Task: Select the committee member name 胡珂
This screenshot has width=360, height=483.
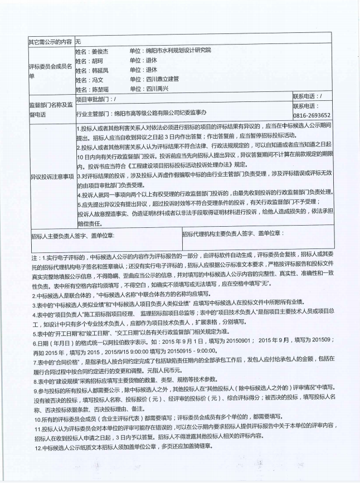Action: [x=97, y=60]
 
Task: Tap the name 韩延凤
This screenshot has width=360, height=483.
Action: [x=100, y=70]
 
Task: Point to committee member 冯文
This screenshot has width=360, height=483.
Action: [x=97, y=80]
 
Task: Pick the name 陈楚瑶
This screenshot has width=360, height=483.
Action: [x=100, y=89]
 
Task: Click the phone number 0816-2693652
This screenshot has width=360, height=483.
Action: [x=312, y=115]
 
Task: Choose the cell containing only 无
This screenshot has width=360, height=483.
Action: [x=79, y=41]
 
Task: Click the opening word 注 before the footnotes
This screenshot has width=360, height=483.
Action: [x=35, y=258]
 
